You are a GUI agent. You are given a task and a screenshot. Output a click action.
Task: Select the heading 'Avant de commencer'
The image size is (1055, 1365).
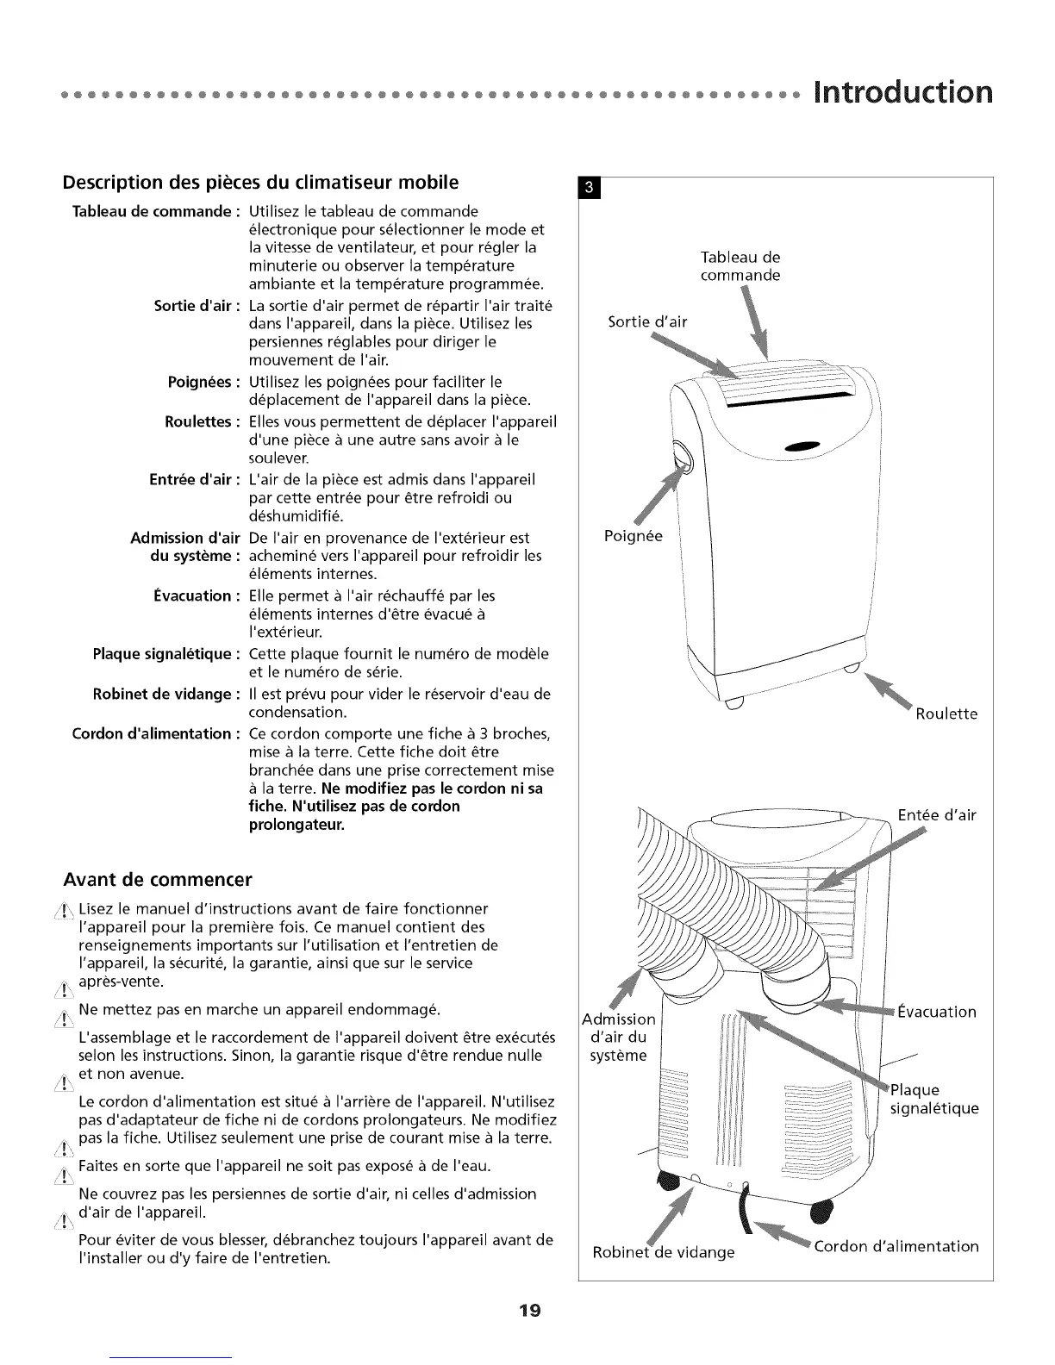click(x=158, y=880)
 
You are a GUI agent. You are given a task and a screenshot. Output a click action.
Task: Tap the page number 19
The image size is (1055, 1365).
click(x=528, y=1312)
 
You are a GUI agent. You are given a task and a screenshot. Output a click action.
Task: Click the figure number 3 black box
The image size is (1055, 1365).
click(x=589, y=187)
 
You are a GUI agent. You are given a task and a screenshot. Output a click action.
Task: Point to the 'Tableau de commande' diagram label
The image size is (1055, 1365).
click(x=740, y=266)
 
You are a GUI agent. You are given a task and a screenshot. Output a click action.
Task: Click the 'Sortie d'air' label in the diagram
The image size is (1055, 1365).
click(x=647, y=322)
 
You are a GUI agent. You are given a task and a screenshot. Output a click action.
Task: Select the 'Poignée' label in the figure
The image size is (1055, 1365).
click(x=634, y=536)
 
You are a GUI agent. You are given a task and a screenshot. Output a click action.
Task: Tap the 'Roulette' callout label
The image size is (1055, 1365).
click(x=946, y=714)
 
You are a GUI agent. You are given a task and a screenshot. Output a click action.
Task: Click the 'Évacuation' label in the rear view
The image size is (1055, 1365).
click(x=936, y=1012)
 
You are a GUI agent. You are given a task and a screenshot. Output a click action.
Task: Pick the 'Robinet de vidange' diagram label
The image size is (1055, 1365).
click(x=664, y=1252)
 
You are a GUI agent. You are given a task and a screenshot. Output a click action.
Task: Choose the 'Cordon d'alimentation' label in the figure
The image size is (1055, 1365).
click(x=896, y=1246)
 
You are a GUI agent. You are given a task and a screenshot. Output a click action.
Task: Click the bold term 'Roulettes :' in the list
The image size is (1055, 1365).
click(x=198, y=422)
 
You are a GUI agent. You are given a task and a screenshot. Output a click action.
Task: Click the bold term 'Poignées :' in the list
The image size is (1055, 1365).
click(x=200, y=382)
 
